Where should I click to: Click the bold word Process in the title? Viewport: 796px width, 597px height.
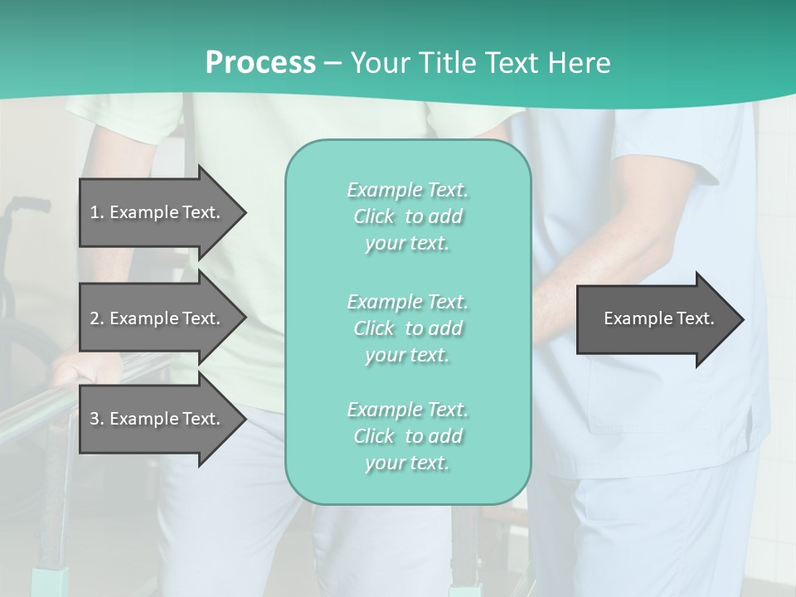260,63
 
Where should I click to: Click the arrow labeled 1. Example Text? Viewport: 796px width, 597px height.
158,212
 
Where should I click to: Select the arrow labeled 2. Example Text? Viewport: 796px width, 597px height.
158,318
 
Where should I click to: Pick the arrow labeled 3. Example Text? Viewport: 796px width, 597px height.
158,419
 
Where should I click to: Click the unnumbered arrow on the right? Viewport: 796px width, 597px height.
655,319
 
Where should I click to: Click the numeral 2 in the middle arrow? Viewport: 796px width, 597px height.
95,318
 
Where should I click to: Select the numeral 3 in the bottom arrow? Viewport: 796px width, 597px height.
95,419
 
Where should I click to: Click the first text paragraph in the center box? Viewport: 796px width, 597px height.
407,216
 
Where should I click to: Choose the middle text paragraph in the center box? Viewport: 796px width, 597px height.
407,328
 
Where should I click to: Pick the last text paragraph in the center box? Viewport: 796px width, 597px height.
407,436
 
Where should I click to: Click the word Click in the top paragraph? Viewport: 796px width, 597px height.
374,216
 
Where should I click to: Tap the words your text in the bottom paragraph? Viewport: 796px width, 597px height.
407,463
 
